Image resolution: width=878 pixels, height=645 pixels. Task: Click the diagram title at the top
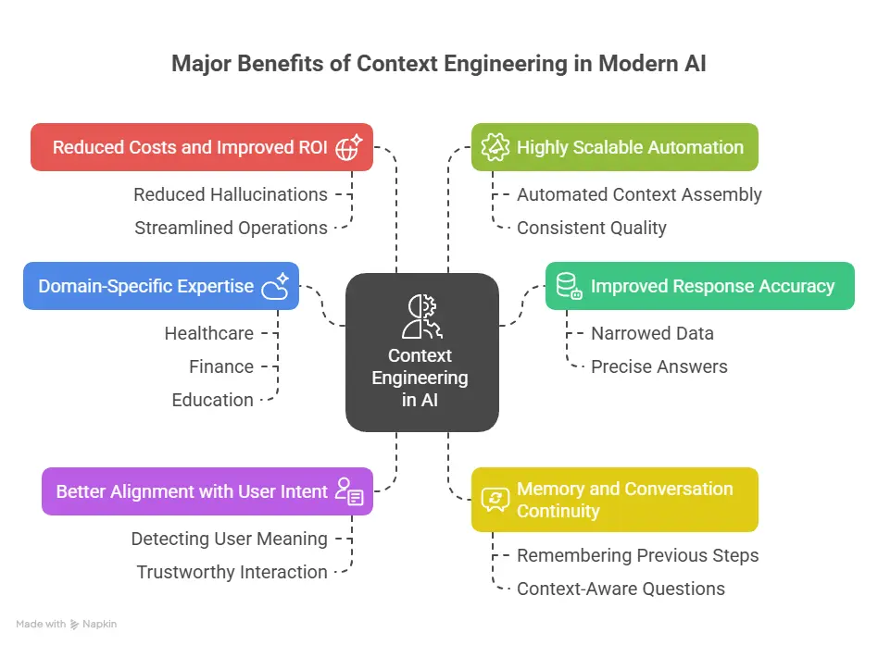(438, 65)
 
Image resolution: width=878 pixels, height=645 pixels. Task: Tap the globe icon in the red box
(349, 147)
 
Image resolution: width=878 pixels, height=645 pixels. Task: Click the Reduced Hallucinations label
(230, 194)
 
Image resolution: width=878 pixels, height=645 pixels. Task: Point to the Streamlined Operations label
(231, 228)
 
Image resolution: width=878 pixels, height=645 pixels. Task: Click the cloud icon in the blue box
(275, 286)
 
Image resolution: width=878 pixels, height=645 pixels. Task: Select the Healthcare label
(208, 333)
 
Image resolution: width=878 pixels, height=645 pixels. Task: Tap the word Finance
(221, 366)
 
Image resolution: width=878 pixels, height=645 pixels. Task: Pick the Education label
(212, 400)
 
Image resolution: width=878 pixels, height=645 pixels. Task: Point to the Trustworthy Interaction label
(232, 572)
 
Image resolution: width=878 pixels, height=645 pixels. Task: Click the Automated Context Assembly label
(639, 194)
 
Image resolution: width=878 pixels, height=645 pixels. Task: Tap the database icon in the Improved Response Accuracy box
(568, 287)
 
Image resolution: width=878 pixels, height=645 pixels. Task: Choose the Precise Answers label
(658, 366)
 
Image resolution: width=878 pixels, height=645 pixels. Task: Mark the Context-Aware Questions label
(621, 589)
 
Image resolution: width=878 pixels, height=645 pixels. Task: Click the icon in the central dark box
(421, 316)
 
